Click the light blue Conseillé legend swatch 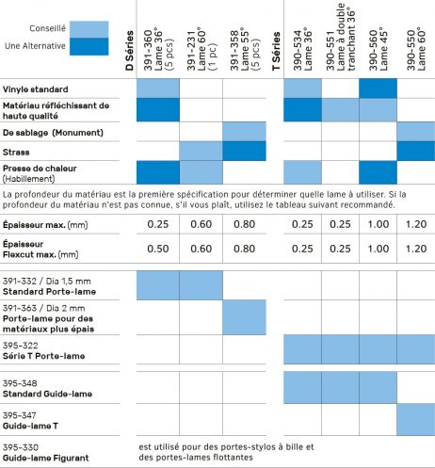89,29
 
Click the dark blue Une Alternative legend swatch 89,46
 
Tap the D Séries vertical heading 129,50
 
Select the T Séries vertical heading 276,51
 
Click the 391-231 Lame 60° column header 201,50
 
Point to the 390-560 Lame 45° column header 379,50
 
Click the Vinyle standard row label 35,89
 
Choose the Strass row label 16,153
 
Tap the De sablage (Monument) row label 53,133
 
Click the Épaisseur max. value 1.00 379,224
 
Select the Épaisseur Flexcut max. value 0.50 158,249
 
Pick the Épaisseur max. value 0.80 244,224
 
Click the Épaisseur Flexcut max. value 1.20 416,249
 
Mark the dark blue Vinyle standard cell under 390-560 378,89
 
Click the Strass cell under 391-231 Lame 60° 201,151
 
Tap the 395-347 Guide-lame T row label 30,421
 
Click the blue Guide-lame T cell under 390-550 416,419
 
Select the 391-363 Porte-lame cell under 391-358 244,317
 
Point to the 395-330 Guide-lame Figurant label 45,453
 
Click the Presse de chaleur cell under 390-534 302,172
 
